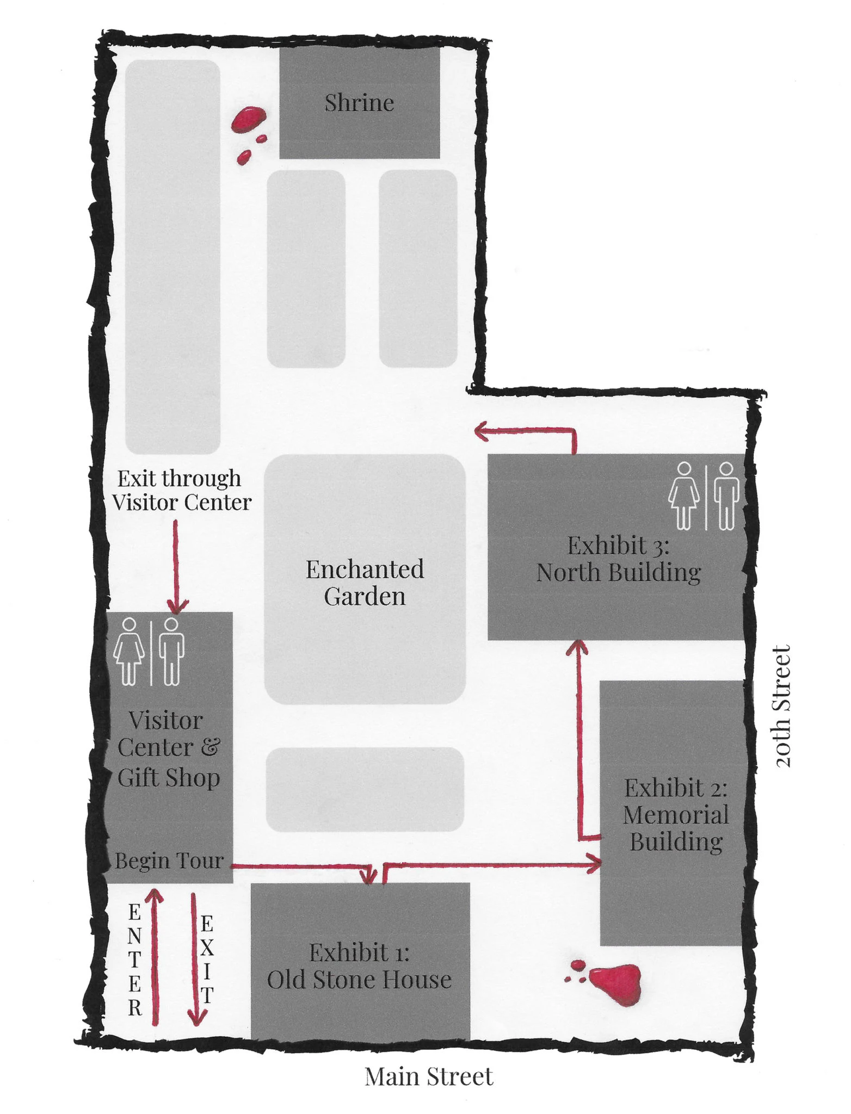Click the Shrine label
[x=359, y=103]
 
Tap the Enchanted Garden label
[x=365, y=583]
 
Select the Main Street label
[x=429, y=1076]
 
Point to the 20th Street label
[x=782, y=706]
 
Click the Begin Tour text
[x=169, y=861]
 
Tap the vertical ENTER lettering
[x=134, y=961]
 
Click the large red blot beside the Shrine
[x=248, y=120]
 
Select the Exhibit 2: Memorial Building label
[x=676, y=815]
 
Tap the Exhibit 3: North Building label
[x=619, y=559]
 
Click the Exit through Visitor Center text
[x=182, y=490]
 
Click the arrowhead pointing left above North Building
[x=482, y=432]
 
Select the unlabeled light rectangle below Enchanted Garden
[x=365, y=789]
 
